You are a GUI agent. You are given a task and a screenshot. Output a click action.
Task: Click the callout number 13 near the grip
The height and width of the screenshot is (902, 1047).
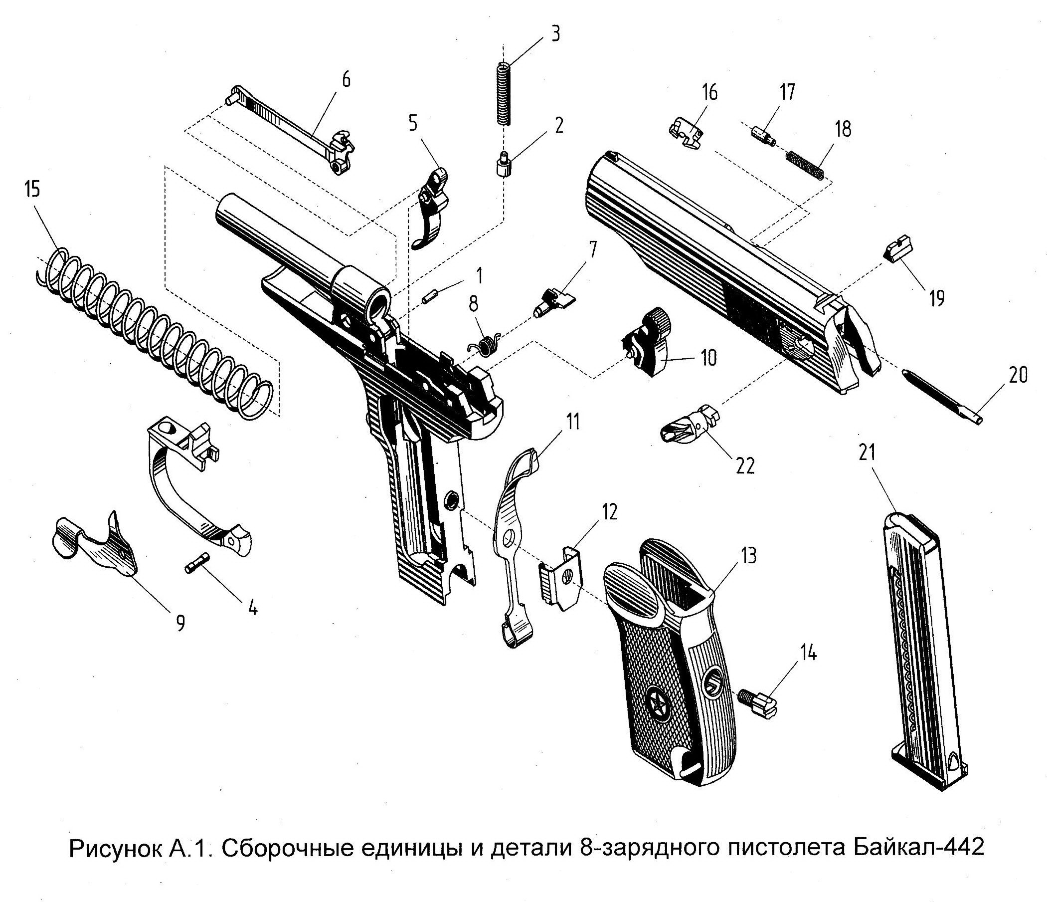pos(748,556)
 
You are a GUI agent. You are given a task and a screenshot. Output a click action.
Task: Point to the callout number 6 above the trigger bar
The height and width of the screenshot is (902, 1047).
pos(346,80)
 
